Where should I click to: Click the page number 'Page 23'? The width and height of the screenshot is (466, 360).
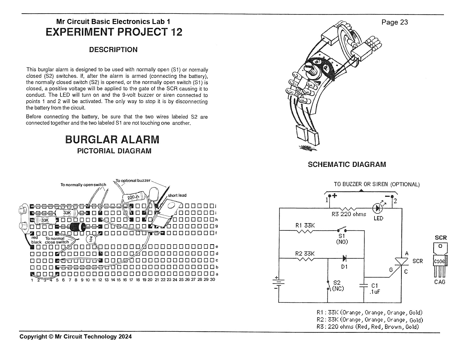[394, 22]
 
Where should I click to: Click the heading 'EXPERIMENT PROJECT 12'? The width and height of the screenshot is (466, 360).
[114, 32]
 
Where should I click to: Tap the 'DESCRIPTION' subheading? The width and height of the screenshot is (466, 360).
[113, 49]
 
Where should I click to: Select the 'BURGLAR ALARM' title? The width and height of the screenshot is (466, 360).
[112, 139]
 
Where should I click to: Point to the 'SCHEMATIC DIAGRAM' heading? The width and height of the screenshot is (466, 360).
[347, 164]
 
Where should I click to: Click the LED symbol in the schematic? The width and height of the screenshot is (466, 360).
[377, 208]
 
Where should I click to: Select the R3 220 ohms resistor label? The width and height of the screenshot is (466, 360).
[349, 214]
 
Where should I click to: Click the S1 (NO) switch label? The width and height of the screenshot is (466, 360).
[342, 239]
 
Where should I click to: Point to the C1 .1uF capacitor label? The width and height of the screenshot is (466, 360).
[374, 288]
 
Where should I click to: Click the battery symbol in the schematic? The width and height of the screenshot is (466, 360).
[278, 283]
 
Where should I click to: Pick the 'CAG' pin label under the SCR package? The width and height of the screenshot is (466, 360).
[440, 282]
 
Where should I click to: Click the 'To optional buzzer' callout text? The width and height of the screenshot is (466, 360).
[133, 180]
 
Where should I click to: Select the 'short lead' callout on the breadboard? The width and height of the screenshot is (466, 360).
[177, 195]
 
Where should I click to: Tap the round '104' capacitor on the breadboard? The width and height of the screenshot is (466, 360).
[90, 239]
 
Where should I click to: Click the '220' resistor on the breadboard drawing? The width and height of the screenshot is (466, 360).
[133, 197]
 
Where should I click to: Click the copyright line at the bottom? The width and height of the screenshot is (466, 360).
[75, 336]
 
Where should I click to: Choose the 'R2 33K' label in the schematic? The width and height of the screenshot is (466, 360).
[305, 254]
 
